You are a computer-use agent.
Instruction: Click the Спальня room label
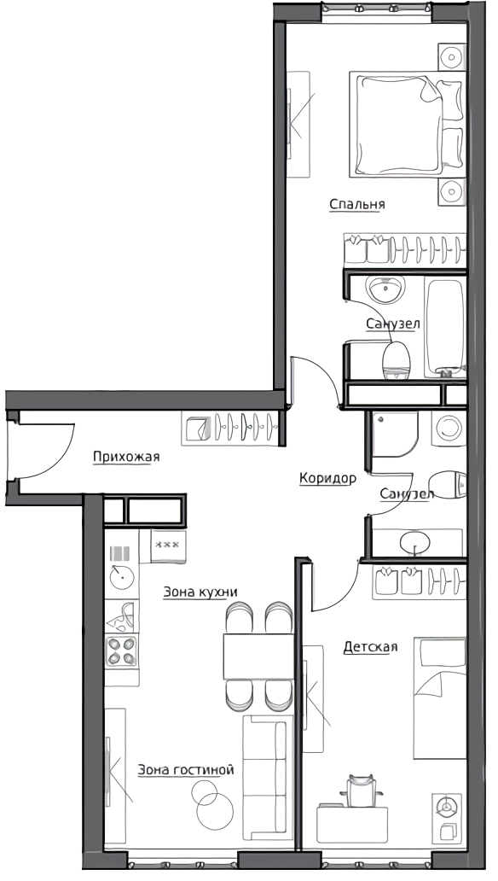357,204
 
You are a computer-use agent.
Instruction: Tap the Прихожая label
126,456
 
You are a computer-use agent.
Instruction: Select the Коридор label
328,478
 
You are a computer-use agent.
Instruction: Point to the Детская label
371,647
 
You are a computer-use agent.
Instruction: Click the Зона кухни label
200,592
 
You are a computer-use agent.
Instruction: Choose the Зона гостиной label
186,770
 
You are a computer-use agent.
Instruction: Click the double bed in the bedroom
408,124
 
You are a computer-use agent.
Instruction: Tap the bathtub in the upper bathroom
445,327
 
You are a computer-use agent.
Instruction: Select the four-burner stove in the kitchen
122,651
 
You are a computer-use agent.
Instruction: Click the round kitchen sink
122,577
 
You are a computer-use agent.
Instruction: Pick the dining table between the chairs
259,656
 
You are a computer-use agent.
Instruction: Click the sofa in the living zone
268,777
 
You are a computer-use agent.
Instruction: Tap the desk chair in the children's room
361,790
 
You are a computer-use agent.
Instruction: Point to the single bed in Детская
440,697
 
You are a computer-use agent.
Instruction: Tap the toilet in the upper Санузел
397,360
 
